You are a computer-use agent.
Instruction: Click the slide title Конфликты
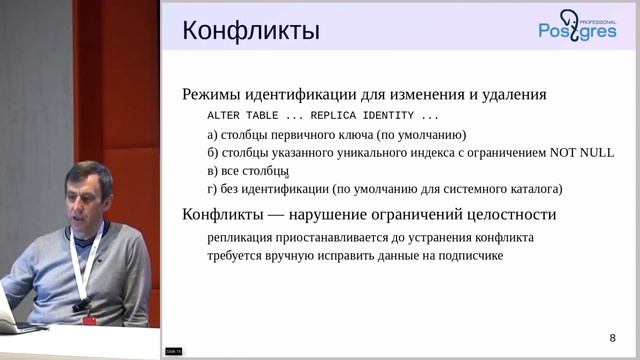(x=250, y=31)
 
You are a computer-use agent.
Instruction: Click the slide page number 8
(x=612, y=336)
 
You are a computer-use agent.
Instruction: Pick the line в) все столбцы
(x=247, y=171)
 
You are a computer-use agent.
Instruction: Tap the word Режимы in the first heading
(x=213, y=96)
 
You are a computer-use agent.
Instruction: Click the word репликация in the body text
(x=242, y=238)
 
